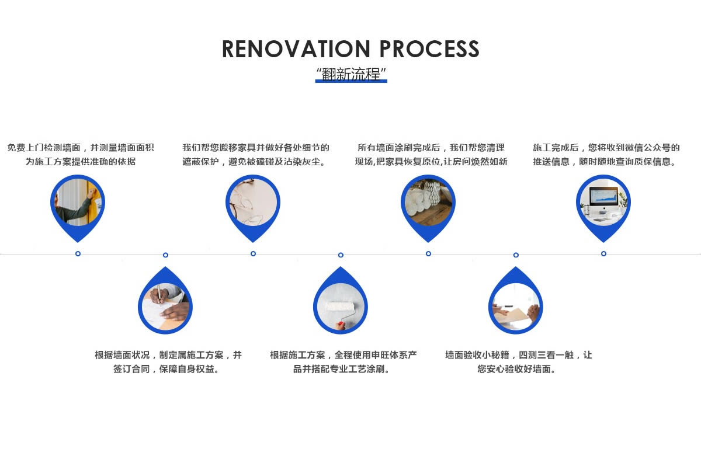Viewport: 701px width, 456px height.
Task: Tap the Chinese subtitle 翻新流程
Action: (351, 74)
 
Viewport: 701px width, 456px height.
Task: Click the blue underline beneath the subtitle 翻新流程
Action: (351, 81)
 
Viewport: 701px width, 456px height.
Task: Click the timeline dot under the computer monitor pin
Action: (603, 253)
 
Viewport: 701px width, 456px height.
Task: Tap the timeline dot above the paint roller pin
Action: (341, 255)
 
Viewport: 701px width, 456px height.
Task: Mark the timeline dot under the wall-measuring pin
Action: (78, 253)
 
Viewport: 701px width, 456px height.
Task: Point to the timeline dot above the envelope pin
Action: (516, 255)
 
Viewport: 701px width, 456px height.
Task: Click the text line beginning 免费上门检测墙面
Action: (81, 148)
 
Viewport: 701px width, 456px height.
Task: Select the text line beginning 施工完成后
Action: (606, 148)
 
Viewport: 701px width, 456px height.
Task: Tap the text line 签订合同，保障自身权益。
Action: (168, 369)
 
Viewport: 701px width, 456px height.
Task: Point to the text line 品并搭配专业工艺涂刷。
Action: (342, 369)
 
